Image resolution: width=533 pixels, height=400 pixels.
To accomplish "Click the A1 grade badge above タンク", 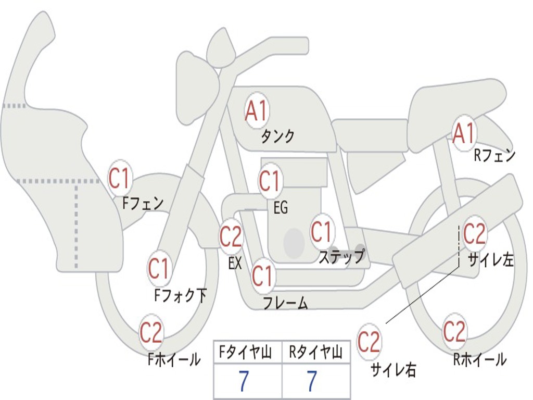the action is [257, 110].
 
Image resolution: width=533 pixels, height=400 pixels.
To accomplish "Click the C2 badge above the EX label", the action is [231, 235].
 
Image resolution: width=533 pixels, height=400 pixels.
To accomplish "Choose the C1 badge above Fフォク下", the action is [159, 268].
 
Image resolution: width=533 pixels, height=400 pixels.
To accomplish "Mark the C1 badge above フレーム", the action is [263, 276].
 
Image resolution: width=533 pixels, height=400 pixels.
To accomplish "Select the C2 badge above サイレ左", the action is [475, 233].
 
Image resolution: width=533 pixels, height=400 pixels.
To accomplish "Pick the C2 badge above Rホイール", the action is [454, 331].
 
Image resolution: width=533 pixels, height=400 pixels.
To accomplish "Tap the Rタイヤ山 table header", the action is [316, 352].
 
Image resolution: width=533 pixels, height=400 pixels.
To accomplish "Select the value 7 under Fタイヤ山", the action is [244, 381].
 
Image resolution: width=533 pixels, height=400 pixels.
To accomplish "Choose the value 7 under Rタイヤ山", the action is [312, 381].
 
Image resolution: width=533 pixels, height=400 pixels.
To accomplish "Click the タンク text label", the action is [277, 136].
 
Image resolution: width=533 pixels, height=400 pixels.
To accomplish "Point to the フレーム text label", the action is [286, 303].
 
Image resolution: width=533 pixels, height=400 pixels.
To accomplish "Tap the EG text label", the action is [281, 207].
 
